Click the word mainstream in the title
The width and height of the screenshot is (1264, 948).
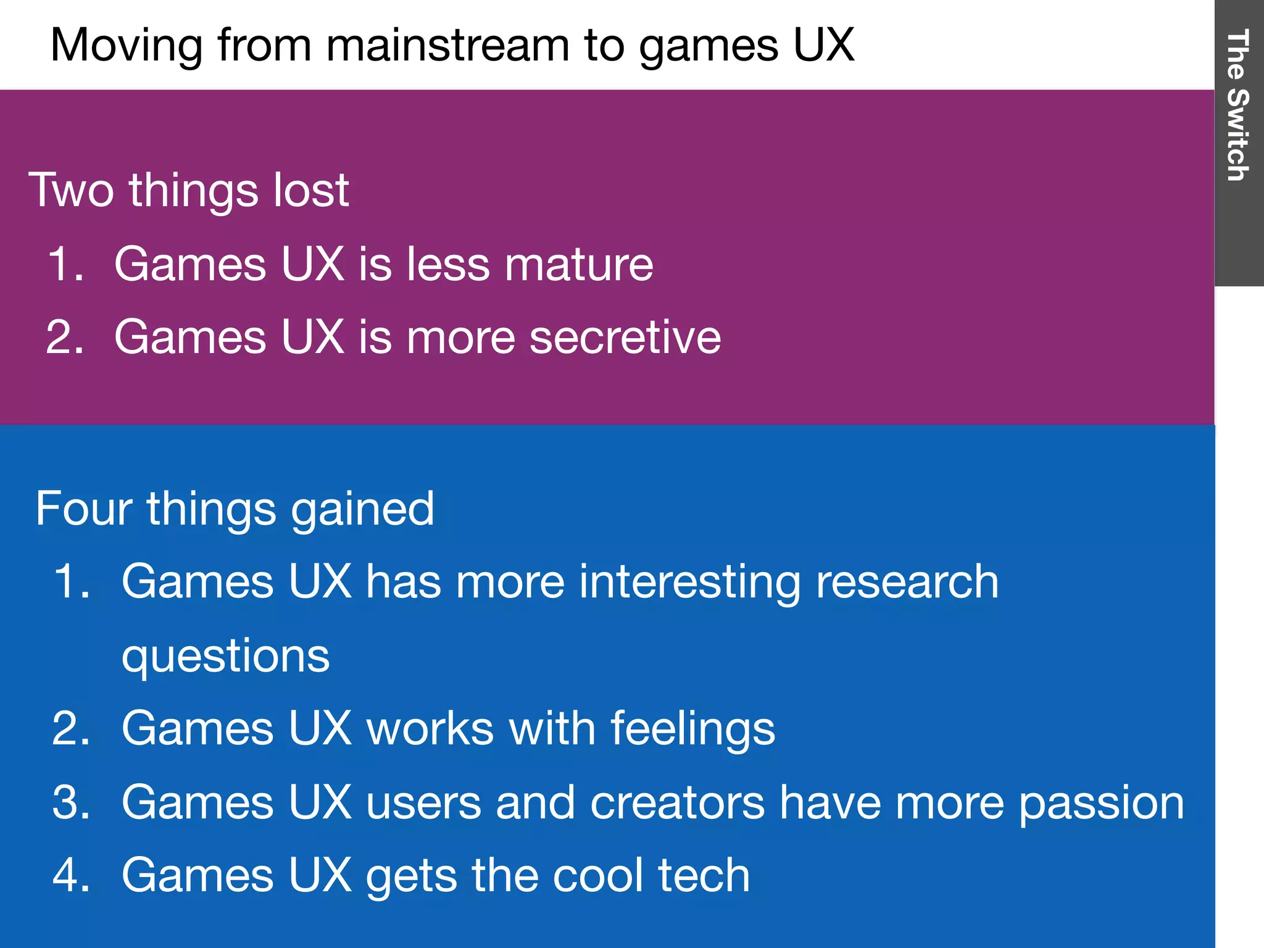pos(447,46)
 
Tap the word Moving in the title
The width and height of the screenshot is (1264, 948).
pos(126,46)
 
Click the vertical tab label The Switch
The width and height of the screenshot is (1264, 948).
pos(1237,105)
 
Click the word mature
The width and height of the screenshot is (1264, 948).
pos(579,265)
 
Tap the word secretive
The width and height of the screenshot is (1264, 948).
pos(625,338)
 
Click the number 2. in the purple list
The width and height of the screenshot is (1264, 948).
pos(64,338)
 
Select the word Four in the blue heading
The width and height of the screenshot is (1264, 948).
pos(83,509)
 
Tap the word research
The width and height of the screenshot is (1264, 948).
pos(907,583)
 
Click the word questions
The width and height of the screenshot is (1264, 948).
pos(226,657)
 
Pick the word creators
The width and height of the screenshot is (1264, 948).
pos(677,802)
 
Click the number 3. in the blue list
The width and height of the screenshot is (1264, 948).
pos(71,802)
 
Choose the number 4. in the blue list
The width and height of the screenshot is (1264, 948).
pos(71,875)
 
